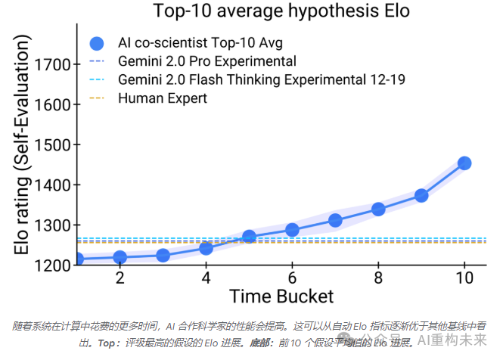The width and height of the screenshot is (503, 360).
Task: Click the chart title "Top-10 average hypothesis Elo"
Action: click(281, 11)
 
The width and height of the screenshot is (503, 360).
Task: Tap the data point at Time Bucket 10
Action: click(464, 163)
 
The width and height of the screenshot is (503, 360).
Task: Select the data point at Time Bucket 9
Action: click(421, 195)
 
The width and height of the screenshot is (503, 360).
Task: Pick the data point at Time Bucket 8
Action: click(378, 209)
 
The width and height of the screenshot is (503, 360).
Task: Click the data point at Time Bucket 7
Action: click(335, 220)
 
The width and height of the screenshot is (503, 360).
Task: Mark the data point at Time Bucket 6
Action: click(292, 230)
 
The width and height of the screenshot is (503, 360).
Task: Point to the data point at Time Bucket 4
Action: click(206, 248)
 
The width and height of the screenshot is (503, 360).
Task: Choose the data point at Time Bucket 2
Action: click(120, 257)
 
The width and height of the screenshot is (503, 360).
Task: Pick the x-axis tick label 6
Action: click(292, 278)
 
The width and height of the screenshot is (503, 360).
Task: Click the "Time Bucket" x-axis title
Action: click(281, 296)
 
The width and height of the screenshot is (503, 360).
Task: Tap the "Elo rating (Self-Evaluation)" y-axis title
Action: click(24, 151)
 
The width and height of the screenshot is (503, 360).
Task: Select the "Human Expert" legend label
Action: click(163, 98)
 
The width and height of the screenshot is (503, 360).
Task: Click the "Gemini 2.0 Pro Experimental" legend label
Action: click(207, 61)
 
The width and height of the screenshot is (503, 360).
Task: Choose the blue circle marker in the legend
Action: click(96, 43)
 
